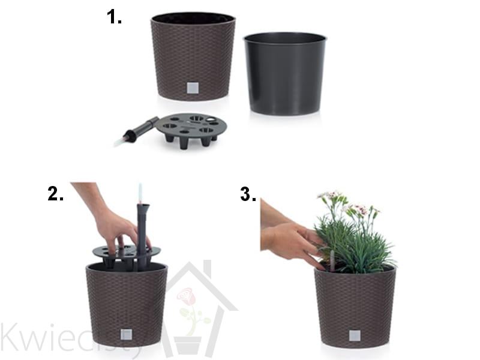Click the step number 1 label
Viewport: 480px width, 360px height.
(114, 17)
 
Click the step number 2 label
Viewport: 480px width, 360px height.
(55, 194)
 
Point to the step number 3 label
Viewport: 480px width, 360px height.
(248, 194)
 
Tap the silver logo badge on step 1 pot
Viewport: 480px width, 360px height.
(193, 88)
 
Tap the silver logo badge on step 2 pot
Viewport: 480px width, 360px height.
(126, 334)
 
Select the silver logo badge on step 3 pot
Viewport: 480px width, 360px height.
(355, 335)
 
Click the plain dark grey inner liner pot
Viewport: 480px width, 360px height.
(285, 73)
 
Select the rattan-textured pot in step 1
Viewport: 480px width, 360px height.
(193, 56)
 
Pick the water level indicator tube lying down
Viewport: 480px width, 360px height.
(137, 131)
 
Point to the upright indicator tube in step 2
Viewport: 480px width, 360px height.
(142, 227)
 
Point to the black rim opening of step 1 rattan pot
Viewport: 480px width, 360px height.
(193, 19)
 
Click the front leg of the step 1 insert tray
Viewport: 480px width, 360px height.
(184, 143)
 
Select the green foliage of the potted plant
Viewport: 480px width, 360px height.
(355, 245)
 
